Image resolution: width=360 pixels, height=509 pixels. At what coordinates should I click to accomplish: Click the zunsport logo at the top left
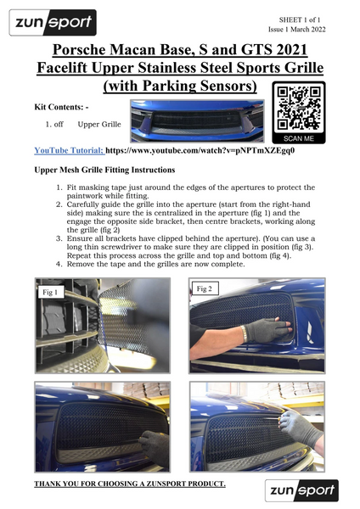53,22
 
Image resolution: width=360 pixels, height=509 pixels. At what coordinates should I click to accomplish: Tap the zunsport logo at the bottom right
301,490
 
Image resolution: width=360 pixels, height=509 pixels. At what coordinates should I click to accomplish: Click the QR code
299,109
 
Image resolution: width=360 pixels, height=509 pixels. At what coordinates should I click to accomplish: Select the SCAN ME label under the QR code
299,138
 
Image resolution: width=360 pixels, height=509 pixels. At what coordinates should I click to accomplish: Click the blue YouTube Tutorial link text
69,151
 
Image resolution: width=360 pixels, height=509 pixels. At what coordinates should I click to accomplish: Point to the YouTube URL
200,151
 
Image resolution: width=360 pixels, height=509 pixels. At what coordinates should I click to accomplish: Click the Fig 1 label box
50,292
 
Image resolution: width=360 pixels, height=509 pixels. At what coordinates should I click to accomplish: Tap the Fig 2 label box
205,288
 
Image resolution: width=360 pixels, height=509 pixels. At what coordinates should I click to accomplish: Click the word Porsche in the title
79,50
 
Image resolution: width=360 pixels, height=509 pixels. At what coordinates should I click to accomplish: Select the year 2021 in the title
290,50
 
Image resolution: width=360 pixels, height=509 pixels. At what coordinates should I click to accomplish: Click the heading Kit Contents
61,107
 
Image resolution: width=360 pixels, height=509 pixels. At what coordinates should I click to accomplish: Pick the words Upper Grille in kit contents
99,125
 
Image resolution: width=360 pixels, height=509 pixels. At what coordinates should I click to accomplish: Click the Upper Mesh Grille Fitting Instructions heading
104,171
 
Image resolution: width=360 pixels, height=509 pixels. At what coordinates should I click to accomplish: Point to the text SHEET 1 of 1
299,20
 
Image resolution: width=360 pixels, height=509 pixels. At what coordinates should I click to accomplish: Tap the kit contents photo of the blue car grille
197,121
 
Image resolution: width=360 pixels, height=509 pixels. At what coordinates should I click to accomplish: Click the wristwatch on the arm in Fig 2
243,334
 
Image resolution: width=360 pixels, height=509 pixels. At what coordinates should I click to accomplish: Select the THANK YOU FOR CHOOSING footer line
130,484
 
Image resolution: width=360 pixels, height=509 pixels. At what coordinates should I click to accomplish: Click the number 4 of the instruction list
58,264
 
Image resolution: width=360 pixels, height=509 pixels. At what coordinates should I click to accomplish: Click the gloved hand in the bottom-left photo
155,447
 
